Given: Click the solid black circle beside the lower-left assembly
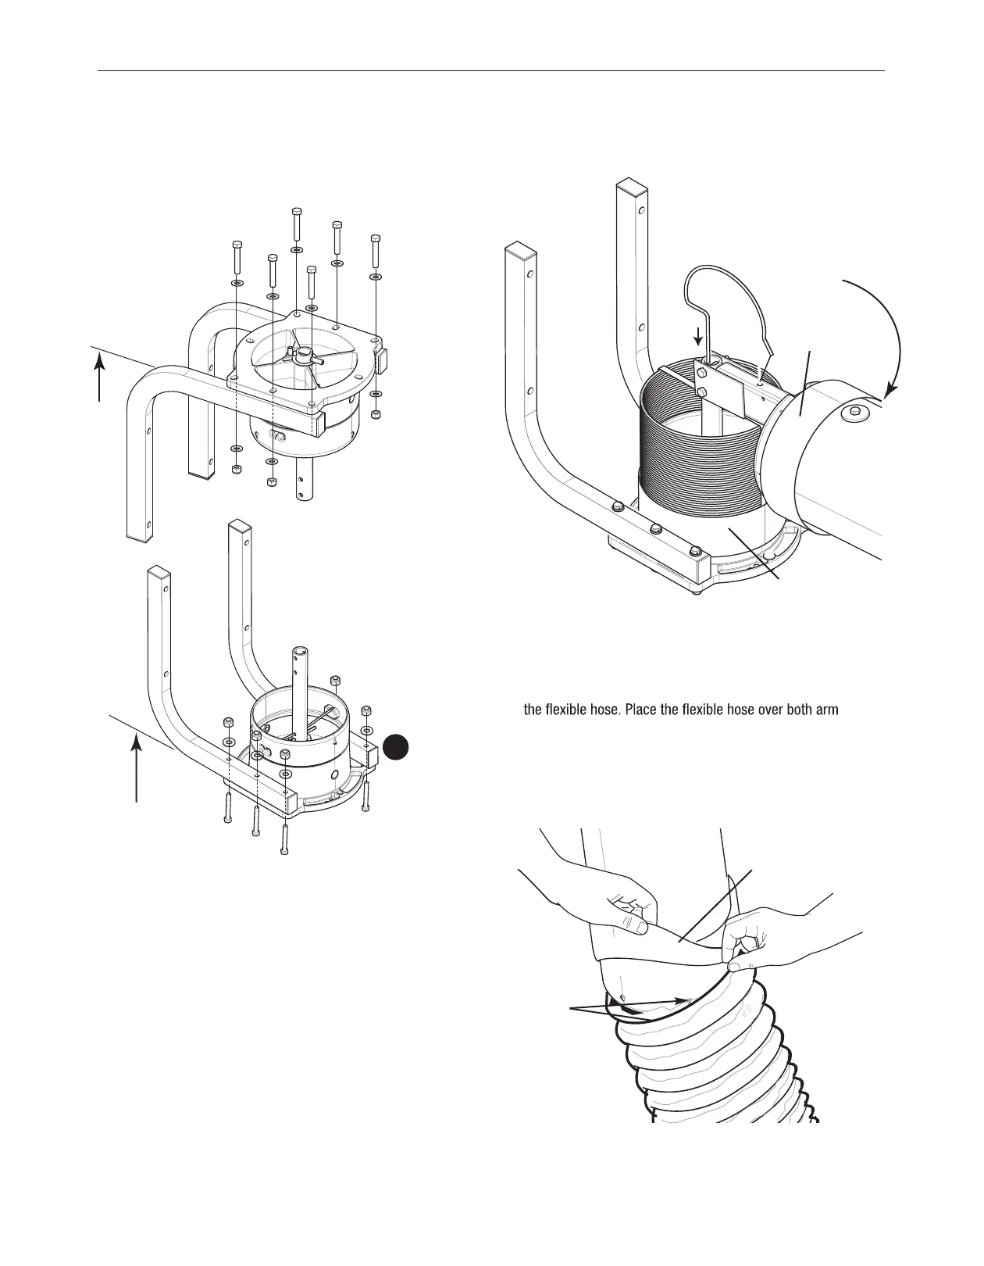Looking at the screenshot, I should coord(398,746).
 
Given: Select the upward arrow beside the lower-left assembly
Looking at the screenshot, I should coord(137,769).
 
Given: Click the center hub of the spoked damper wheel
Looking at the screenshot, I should coord(300,354).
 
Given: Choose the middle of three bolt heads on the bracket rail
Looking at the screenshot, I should coord(656,528).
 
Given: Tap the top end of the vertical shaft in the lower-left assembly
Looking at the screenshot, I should coord(301,653).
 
